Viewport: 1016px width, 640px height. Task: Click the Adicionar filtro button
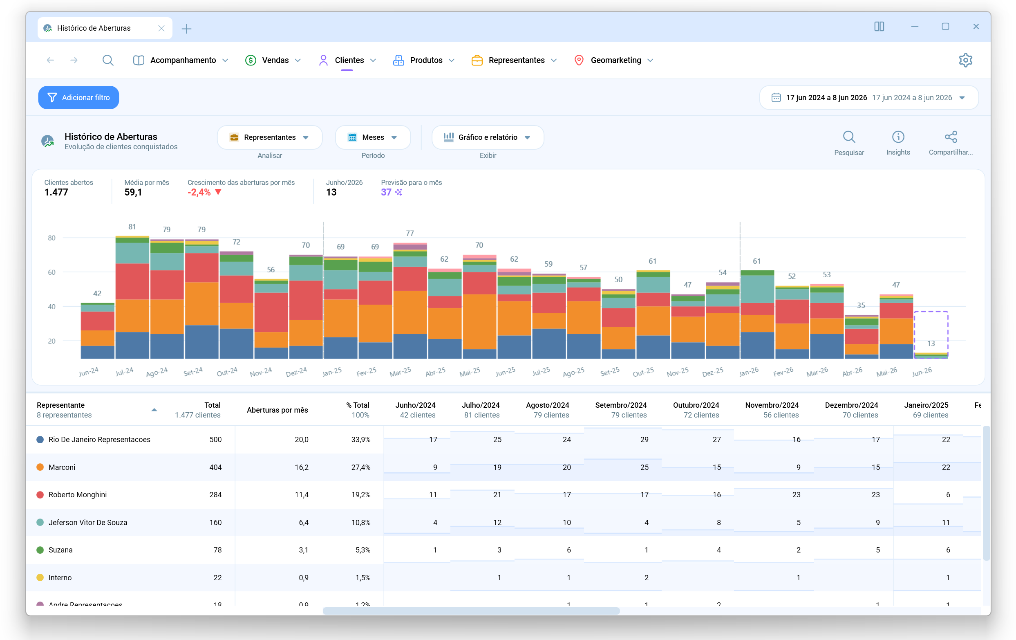pyautogui.click(x=78, y=97)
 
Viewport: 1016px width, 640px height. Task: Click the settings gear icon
pyautogui.click(x=965, y=61)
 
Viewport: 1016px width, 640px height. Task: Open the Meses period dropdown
pyautogui.click(x=373, y=137)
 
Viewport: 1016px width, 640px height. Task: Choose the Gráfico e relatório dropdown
pyautogui.click(x=488, y=137)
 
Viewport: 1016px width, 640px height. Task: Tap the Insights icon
pyautogui.click(x=898, y=137)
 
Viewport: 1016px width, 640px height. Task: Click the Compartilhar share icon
pyautogui.click(x=951, y=137)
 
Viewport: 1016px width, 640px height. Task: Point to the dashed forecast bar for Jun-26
pyautogui.click(x=931, y=335)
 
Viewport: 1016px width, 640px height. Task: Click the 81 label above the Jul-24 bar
pyautogui.click(x=132, y=227)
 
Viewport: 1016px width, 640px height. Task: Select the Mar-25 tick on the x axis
pyautogui.click(x=400, y=372)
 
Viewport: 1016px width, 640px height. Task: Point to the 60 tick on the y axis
pyautogui.click(x=51, y=272)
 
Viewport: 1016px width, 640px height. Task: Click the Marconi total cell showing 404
pyautogui.click(x=215, y=467)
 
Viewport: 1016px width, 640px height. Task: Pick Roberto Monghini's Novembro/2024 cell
pyautogui.click(x=796, y=495)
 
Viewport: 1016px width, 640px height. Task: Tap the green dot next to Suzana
pyautogui.click(x=40, y=550)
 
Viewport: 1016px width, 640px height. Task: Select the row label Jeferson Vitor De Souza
pyautogui.click(x=88, y=523)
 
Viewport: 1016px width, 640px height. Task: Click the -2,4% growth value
pyautogui.click(x=199, y=193)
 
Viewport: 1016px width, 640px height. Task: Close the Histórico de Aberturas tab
pyautogui.click(x=161, y=28)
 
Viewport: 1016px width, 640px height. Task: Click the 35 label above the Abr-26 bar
pyautogui.click(x=861, y=305)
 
